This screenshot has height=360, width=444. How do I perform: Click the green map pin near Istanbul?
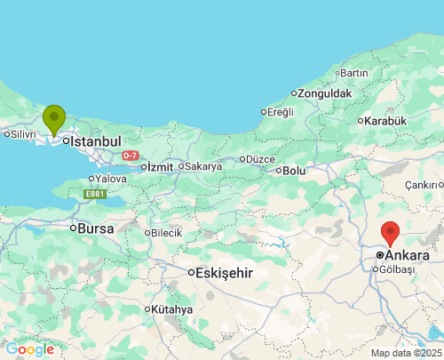(x=54, y=118)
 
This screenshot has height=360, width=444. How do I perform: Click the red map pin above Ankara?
(x=390, y=233)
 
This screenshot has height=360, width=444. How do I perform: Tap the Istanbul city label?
(x=95, y=141)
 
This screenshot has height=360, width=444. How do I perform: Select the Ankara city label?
(x=408, y=255)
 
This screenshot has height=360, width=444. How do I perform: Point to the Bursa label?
(x=96, y=228)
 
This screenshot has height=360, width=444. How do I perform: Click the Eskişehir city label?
(x=225, y=272)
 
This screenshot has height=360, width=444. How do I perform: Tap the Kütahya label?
(x=171, y=309)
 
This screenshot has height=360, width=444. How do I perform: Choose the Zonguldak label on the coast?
(x=325, y=93)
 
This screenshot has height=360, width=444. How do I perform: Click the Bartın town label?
(x=353, y=73)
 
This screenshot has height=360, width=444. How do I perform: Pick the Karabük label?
(x=385, y=121)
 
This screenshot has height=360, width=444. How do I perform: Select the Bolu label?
(x=294, y=171)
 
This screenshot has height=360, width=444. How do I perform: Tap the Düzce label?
(x=259, y=159)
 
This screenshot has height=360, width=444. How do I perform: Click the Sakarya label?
(x=203, y=166)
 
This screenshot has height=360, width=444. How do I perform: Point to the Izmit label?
(x=159, y=166)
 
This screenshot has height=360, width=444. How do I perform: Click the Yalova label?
(x=111, y=179)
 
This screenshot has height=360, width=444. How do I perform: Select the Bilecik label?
(x=166, y=233)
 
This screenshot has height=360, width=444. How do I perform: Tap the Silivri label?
(x=21, y=134)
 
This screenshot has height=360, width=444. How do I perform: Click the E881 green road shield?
(x=94, y=193)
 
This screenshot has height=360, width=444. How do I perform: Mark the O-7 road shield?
(x=131, y=156)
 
